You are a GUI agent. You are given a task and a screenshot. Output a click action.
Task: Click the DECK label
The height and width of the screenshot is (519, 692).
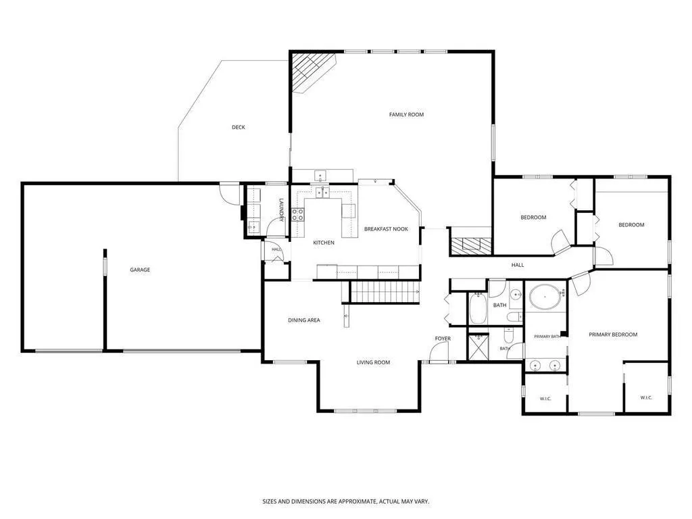(239, 128)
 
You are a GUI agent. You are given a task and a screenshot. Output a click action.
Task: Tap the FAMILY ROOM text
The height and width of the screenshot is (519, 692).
(406, 115)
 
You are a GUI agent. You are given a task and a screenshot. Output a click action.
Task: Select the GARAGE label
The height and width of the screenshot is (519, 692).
(140, 270)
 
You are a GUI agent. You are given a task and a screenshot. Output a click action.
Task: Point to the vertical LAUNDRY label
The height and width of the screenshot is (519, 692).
(280, 209)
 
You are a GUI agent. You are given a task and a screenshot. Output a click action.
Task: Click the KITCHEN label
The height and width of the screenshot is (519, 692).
(324, 243)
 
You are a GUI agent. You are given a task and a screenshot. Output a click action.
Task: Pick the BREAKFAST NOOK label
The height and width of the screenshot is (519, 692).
(386, 229)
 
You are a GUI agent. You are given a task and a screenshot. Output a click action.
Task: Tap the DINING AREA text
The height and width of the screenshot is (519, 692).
(304, 320)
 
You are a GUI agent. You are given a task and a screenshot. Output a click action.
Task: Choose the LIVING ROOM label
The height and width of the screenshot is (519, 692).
(373, 363)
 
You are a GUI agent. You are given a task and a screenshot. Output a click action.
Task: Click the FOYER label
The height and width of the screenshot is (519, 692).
(443, 339)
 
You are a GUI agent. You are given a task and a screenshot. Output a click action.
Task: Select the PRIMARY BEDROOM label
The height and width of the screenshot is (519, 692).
(613, 335)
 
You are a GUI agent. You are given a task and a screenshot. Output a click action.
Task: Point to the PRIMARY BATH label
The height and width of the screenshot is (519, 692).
(547, 337)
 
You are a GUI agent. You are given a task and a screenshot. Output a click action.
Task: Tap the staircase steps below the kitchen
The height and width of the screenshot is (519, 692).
(385, 292)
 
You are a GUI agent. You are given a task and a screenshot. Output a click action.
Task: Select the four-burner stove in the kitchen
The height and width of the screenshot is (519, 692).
(298, 215)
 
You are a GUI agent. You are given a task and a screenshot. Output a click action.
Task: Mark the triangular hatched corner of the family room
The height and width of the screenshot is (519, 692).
(313, 72)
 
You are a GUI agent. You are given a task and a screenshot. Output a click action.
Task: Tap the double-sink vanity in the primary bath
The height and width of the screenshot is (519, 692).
(545, 366)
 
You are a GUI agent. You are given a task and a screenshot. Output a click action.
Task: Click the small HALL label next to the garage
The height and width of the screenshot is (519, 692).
(276, 249)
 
